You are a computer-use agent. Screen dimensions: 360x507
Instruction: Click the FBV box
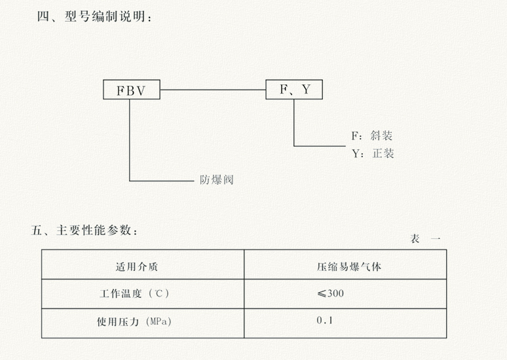(132, 90)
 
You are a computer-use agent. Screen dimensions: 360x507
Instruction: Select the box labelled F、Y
(294, 90)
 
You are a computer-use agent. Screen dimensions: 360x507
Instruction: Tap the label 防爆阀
(216, 179)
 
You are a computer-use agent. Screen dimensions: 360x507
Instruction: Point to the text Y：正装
(373, 154)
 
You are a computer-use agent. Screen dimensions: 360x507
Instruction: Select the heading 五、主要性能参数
(86, 230)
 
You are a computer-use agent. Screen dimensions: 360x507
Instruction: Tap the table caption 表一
(425, 239)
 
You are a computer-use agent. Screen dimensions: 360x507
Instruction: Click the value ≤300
(330, 293)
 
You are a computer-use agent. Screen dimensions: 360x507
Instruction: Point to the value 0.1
(325, 321)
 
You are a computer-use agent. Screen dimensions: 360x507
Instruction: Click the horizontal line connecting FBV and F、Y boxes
(213, 90)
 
